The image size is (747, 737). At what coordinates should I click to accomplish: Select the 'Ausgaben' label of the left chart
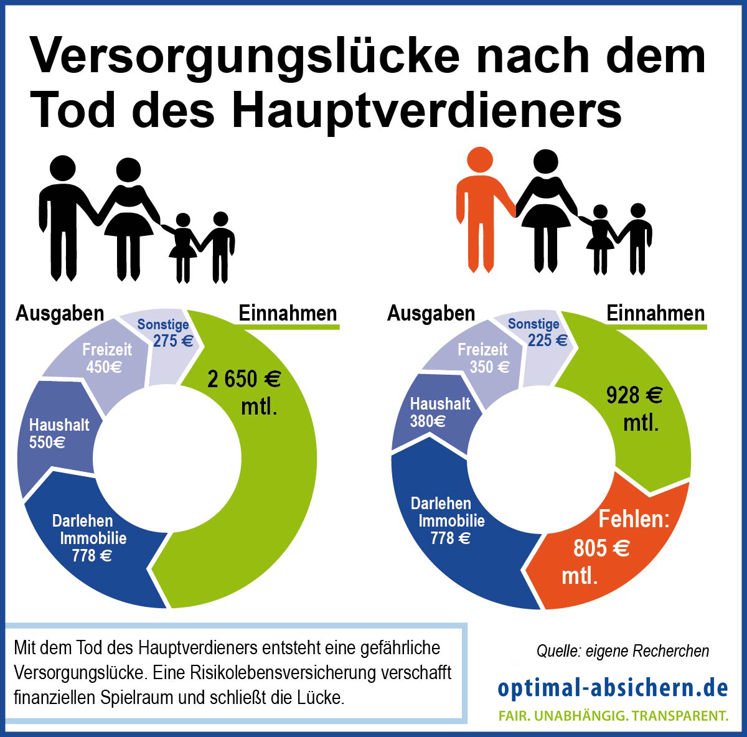[x=60, y=313]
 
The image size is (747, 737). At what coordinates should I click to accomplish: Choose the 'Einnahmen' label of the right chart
[x=655, y=313]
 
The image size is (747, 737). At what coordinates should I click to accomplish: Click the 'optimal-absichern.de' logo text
[x=613, y=687]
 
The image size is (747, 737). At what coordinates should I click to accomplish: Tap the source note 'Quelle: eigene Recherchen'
[x=622, y=651]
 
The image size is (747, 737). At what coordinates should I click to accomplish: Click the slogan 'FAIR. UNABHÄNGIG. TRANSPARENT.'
[x=613, y=715]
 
